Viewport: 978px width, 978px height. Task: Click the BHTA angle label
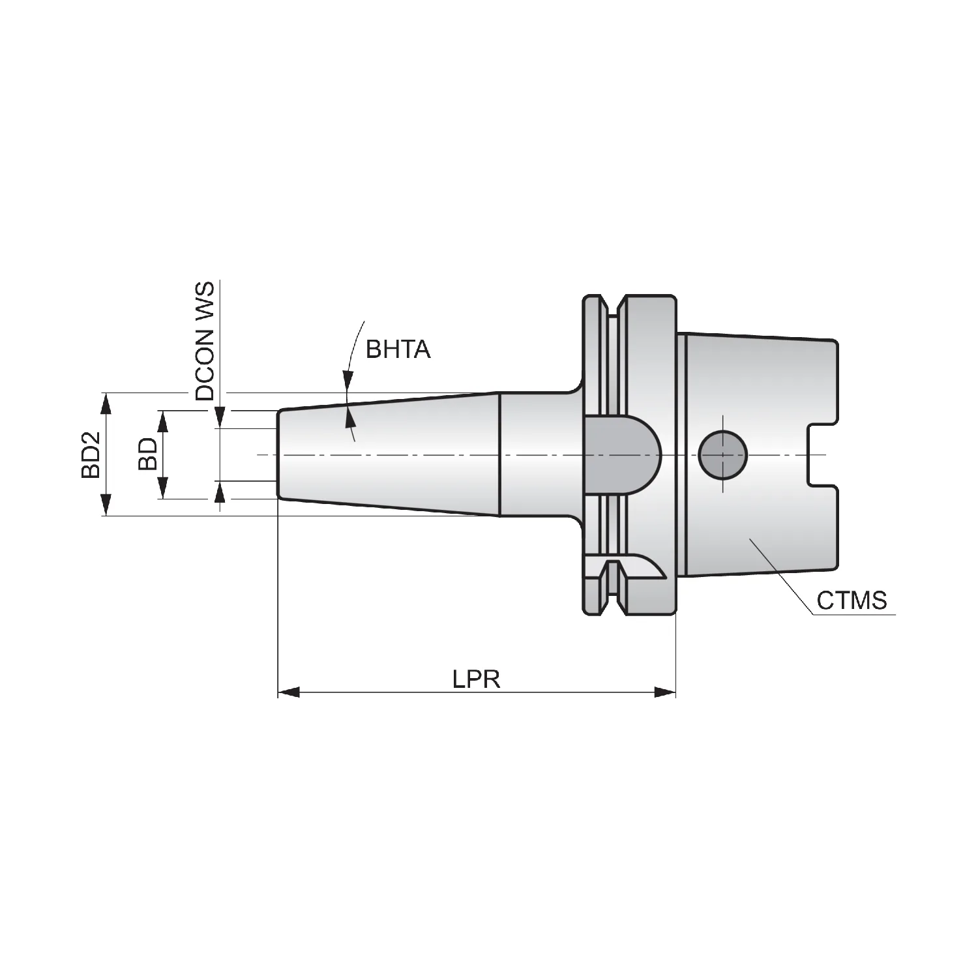(x=398, y=349)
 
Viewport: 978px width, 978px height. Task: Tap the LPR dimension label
(x=477, y=679)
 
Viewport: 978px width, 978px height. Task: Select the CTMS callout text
(x=852, y=600)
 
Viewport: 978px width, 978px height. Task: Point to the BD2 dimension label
(x=91, y=454)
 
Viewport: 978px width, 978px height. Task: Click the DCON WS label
(x=205, y=341)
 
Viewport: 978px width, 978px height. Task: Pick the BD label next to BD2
(x=147, y=454)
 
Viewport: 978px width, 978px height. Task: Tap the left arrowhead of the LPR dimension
(x=289, y=692)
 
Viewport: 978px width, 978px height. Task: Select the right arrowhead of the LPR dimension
(x=665, y=692)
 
